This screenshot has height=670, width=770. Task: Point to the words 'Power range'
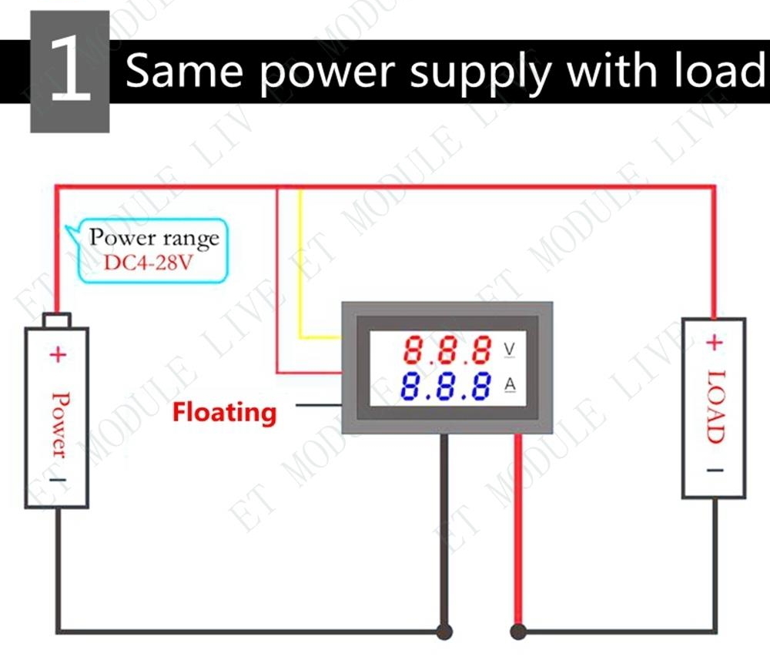point(154,238)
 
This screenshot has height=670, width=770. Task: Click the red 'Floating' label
point(224,413)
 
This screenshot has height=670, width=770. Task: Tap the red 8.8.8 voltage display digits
point(447,349)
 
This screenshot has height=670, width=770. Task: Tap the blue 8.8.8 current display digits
point(445,386)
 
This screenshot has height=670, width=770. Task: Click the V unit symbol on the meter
point(509,349)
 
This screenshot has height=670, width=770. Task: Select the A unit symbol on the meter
point(510,384)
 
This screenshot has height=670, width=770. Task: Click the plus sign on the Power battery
point(58,354)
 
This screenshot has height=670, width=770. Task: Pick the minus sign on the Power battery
point(58,480)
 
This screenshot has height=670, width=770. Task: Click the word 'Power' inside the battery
point(59,425)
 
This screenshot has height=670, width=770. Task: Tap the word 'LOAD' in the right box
point(716,407)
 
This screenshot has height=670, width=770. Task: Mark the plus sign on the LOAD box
point(715,342)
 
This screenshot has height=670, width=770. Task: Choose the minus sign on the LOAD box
point(715,471)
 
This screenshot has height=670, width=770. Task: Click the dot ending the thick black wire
point(444,631)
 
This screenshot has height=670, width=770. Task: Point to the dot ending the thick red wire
point(518,631)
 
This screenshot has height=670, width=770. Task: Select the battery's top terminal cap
point(57,320)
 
